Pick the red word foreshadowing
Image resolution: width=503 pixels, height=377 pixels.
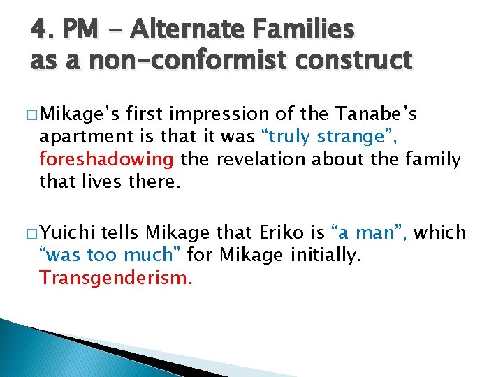pyautogui.click(x=107, y=159)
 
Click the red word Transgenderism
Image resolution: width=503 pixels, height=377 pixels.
pyautogui.click(x=115, y=278)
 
